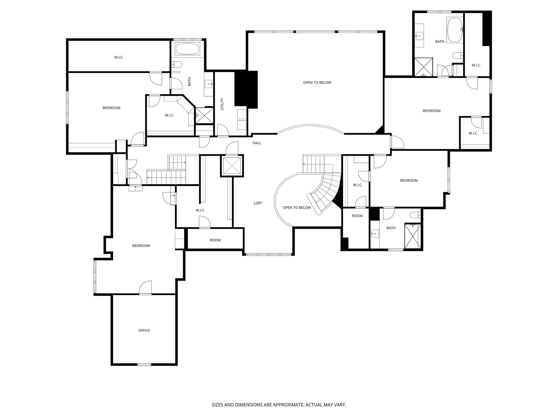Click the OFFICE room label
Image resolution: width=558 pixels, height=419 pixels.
[x=144, y=330]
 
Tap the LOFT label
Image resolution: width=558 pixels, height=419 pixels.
[x=258, y=203]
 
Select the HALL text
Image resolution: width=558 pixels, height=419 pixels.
[x=257, y=143]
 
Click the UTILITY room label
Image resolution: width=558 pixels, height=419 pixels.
[x=222, y=104]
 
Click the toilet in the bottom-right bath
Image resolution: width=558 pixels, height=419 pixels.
[x=415, y=214]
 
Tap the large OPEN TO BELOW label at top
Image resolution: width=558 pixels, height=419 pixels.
[x=317, y=83]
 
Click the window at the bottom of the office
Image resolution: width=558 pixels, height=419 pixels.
[x=144, y=364]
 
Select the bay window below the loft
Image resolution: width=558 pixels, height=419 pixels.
[x=268, y=254]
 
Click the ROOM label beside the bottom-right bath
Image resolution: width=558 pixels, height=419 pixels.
[x=357, y=216]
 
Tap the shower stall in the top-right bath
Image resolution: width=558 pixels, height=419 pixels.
[x=423, y=67]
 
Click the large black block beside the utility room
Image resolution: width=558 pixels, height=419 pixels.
[x=246, y=89]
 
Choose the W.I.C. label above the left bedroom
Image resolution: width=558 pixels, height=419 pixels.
[x=119, y=57]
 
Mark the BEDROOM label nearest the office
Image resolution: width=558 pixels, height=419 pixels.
[x=141, y=246]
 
